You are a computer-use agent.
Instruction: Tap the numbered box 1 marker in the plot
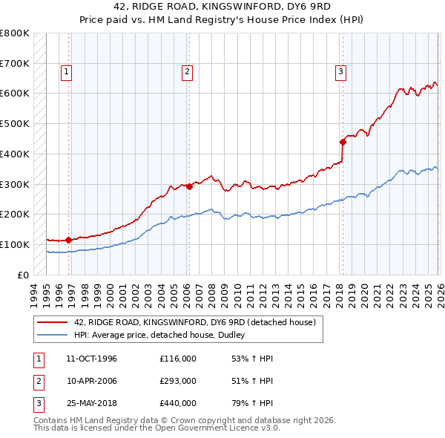pos(67,72)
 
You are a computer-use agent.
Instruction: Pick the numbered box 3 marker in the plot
pos(340,72)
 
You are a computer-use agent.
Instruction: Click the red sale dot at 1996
pos(68,240)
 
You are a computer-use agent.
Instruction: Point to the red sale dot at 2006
pos(189,186)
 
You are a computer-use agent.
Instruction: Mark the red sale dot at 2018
pos(343,142)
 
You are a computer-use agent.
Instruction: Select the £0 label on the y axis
pos(22,275)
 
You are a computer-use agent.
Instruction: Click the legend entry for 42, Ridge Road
pos(195,322)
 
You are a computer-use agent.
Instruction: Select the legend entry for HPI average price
pos(164,335)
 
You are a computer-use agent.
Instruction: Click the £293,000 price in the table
pos(178,381)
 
